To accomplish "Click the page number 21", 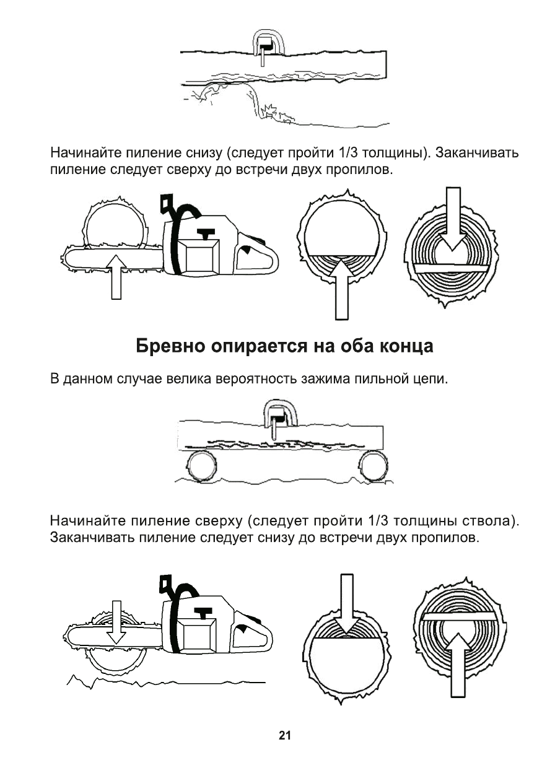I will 284,735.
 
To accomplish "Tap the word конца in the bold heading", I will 403,346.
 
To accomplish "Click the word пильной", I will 378,378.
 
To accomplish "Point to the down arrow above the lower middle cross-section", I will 347,604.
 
